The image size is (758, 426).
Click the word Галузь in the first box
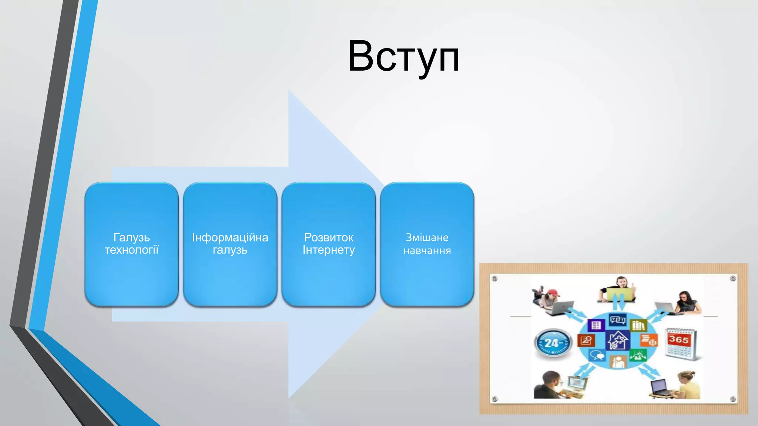point(131,237)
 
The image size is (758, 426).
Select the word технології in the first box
point(131,250)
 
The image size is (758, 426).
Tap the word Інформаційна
point(230,237)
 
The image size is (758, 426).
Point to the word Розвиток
point(329,237)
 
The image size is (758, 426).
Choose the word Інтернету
point(329,250)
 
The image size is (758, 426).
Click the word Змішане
point(427,237)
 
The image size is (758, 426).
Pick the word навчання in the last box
point(427,251)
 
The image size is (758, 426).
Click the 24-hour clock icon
point(553,343)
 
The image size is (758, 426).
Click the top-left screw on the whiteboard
point(495,278)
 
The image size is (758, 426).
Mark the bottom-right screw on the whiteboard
point(732,399)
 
